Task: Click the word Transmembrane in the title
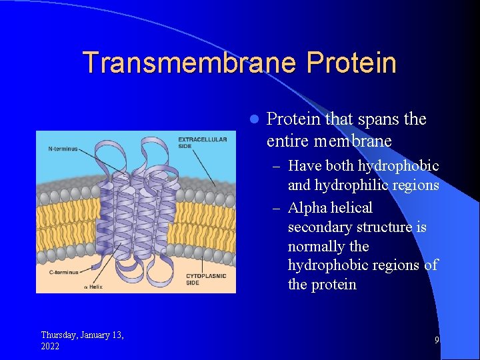190,63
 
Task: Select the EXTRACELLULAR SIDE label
203,143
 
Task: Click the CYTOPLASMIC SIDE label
205,279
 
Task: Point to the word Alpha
306,208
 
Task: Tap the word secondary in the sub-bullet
317,227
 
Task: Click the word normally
317,247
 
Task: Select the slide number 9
437,340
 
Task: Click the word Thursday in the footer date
61,335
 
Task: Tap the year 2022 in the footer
50,346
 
